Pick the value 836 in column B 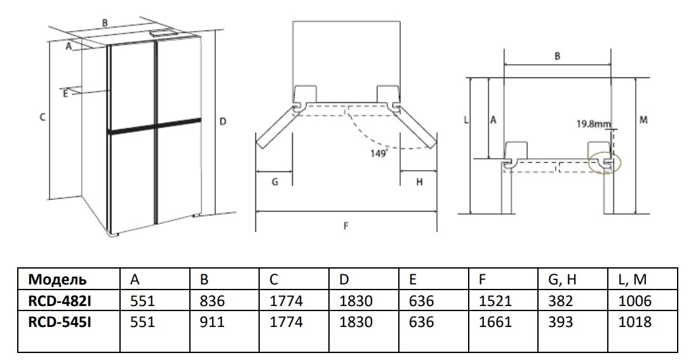tap(212, 300)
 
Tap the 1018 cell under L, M tap(634, 322)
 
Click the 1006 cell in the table tap(634, 300)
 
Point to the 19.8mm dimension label tap(593, 124)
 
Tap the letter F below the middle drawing tap(346, 225)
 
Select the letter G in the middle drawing tap(274, 182)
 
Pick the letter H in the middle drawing tap(419, 182)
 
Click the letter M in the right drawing tap(643, 119)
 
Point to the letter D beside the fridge tap(223, 121)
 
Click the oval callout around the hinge tap(603, 163)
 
